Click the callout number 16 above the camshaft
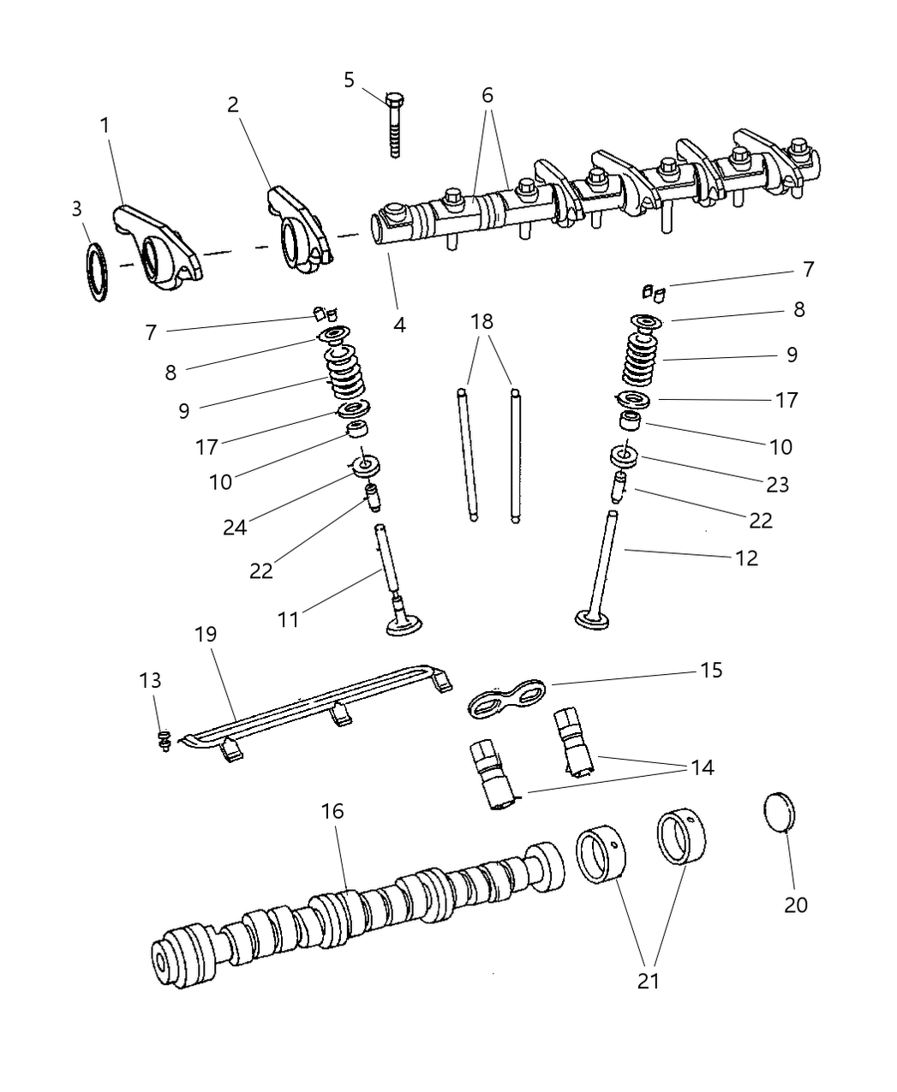click(x=332, y=810)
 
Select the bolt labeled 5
click(x=395, y=124)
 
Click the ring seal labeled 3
click(x=99, y=272)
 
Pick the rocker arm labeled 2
click(x=300, y=230)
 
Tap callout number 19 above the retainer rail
click(x=206, y=635)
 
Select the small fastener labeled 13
click(x=166, y=741)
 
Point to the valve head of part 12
click(x=591, y=618)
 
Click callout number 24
click(x=235, y=527)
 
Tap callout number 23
click(x=777, y=484)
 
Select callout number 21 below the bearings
click(x=649, y=980)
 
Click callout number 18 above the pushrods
click(x=482, y=322)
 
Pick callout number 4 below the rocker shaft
click(x=399, y=325)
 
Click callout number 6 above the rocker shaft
click(x=487, y=95)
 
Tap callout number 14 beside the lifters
click(x=702, y=767)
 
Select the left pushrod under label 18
click(x=467, y=454)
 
